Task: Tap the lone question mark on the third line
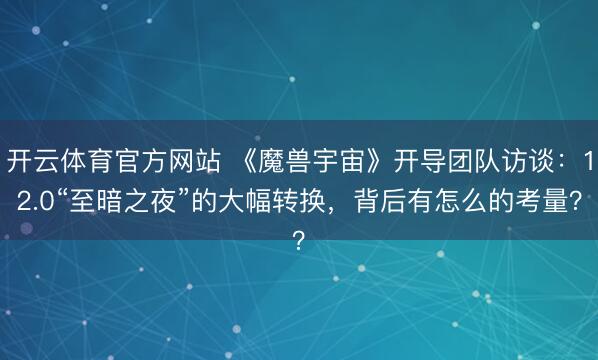pyautogui.click(x=299, y=241)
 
